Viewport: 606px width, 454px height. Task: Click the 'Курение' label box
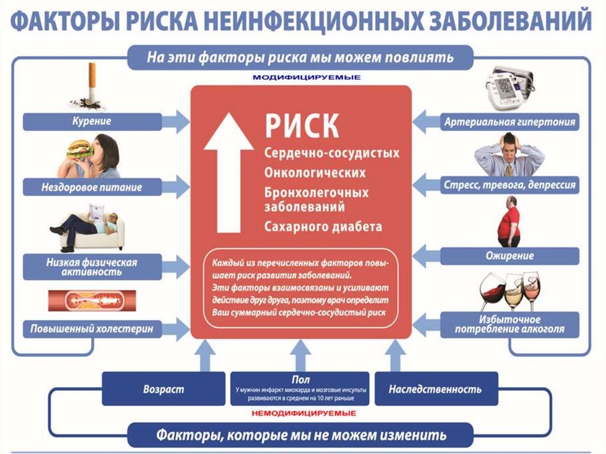click(92, 121)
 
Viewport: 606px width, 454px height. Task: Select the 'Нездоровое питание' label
click(92, 188)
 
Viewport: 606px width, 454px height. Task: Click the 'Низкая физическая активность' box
click(92, 267)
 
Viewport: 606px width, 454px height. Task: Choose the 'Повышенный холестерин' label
click(92, 327)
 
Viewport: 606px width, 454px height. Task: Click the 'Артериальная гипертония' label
click(510, 123)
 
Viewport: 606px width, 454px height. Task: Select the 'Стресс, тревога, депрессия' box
click(510, 185)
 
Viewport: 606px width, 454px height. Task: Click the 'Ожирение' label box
click(510, 256)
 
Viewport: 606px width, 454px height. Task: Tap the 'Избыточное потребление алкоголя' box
click(510, 324)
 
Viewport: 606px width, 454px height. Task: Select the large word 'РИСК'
click(301, 125)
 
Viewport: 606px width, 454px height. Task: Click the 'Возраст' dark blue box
click(163, 389)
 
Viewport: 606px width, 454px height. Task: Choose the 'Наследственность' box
click(435, 389)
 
